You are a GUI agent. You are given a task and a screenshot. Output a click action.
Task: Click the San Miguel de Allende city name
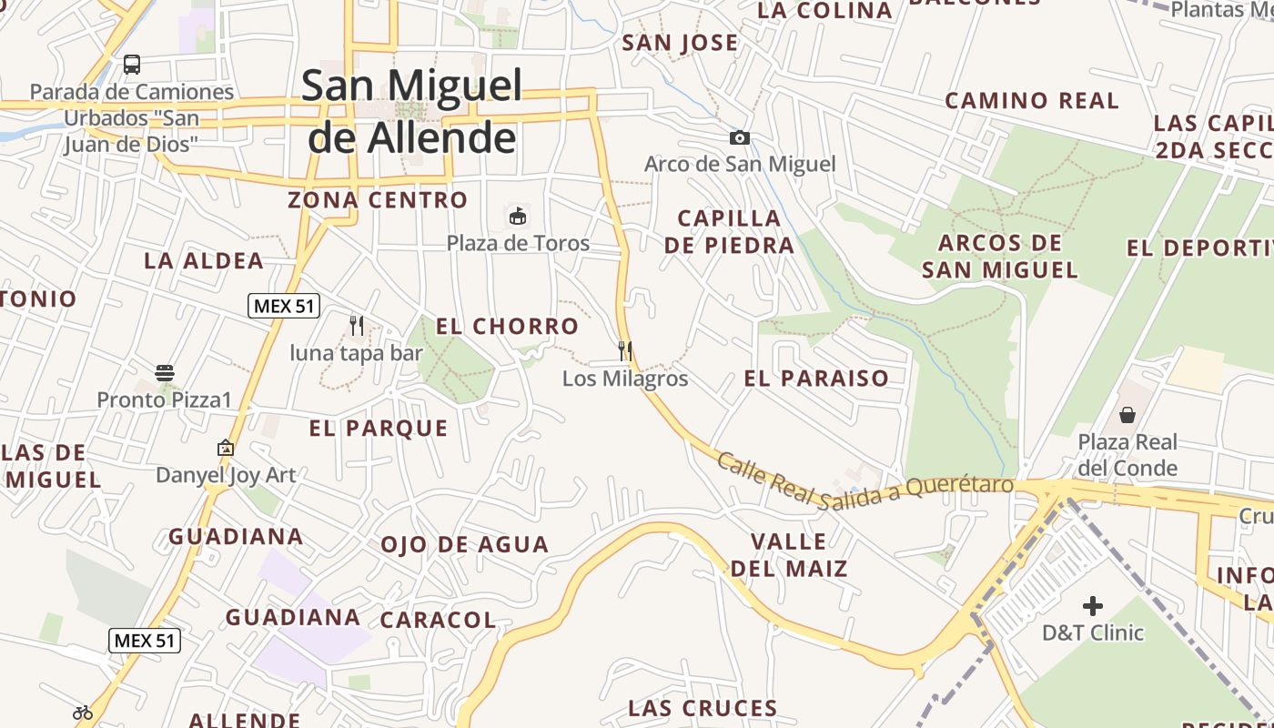412,111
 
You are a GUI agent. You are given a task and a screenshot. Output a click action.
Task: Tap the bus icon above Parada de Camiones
132,65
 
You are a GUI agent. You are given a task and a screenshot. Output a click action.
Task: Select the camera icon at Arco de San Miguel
740,137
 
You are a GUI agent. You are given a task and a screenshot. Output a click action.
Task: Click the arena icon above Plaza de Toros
518,217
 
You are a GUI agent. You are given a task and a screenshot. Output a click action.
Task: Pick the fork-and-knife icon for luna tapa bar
357,325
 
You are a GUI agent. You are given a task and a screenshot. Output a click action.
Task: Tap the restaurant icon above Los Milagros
625,350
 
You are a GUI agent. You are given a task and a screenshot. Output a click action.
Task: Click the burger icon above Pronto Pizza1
165,372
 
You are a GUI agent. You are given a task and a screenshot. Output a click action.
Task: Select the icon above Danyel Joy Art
226,448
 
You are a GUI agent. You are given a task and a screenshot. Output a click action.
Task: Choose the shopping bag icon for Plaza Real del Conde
1127,415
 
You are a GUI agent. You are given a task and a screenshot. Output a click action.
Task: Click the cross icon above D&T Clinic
1093,605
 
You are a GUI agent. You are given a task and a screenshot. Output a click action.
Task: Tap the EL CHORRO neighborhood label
507,326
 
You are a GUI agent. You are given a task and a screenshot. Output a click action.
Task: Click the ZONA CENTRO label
378,199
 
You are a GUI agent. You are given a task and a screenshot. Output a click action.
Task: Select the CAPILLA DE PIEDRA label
729,231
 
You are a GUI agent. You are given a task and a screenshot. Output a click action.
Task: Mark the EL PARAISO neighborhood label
816,379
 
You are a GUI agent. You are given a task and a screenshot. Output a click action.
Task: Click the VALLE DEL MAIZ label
789,555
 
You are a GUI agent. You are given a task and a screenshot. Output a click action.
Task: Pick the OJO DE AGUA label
464,544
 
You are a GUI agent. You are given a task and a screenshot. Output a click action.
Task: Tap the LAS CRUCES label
703,708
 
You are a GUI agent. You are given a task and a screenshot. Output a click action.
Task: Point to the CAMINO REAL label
1032,100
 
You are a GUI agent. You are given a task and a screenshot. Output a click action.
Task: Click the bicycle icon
83,713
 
